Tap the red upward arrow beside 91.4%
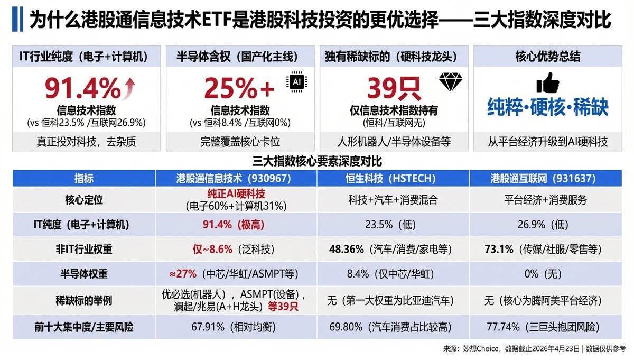129,88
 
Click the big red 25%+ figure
239,88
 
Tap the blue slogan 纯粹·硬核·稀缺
547,107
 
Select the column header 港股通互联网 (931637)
551,178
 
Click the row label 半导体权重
84,274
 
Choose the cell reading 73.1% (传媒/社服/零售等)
551,248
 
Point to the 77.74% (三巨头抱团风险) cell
551,327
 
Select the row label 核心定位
84,200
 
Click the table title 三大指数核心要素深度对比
317,161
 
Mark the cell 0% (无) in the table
551,274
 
